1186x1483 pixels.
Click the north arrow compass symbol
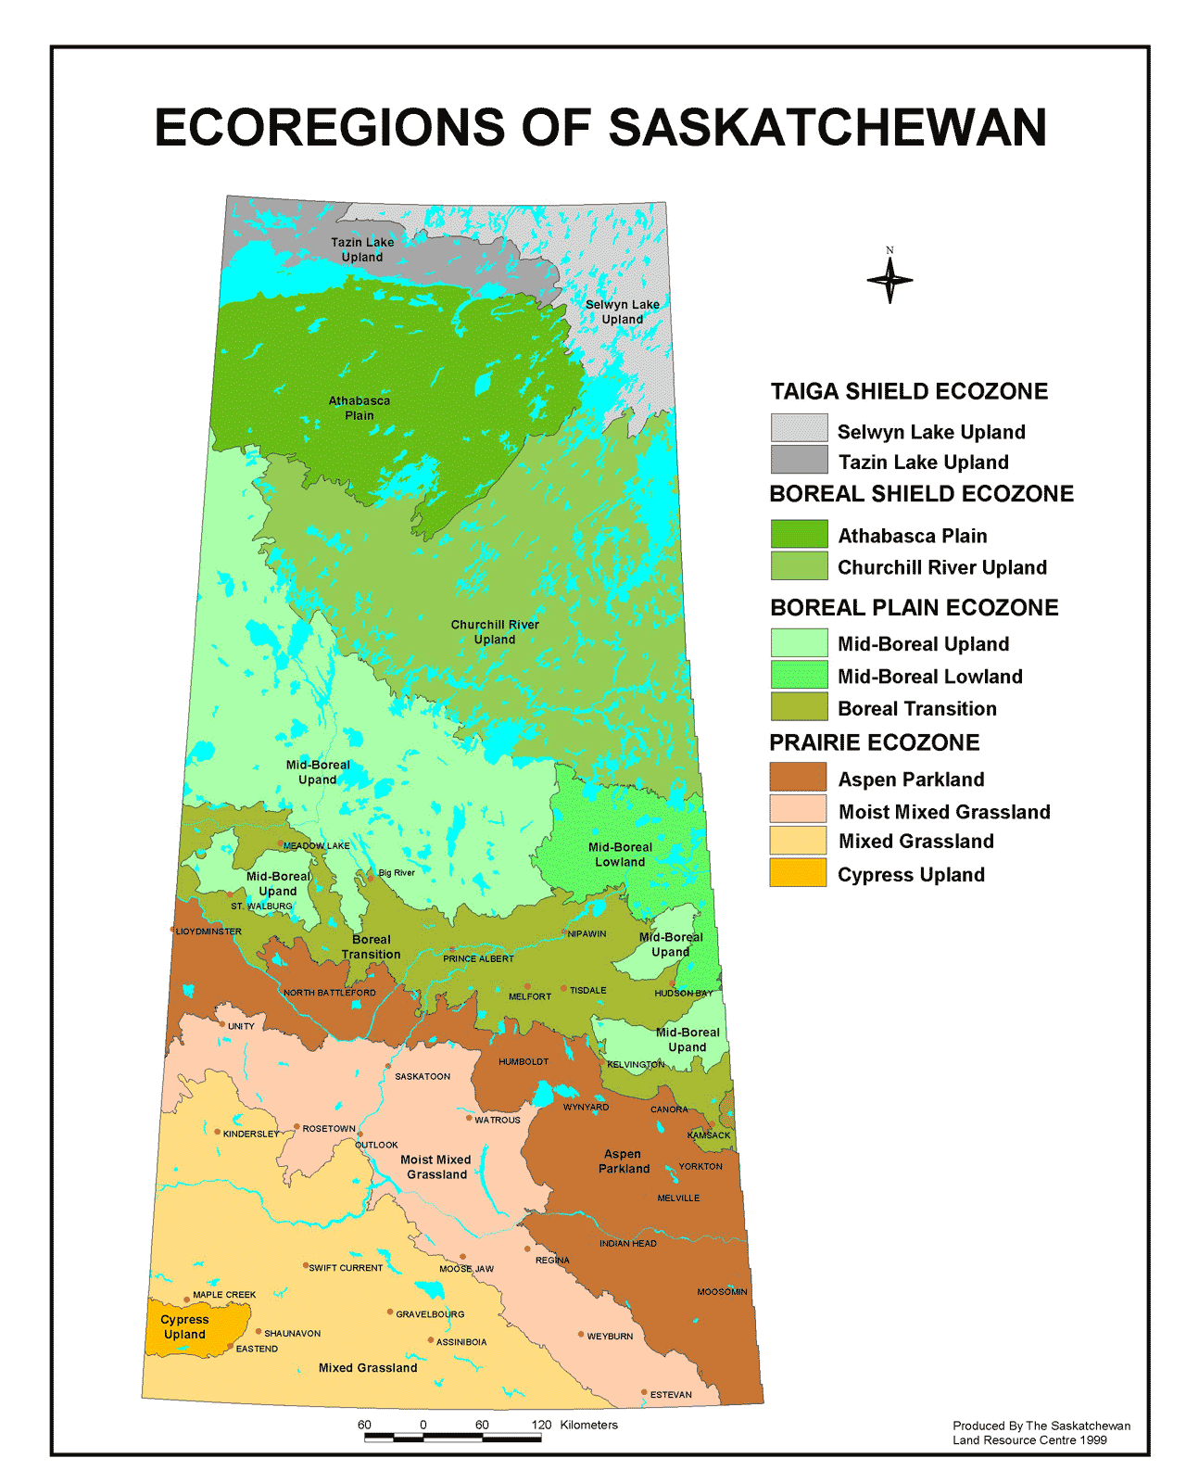[889, 279]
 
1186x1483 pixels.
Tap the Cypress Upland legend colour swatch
[798, 872]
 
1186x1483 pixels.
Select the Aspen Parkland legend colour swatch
[798, 777]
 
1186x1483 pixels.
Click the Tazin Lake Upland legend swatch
[799, 459]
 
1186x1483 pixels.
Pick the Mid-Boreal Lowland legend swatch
[799, 674]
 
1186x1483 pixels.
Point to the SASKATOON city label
[423, 1076]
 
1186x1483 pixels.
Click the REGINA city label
[552, 1260]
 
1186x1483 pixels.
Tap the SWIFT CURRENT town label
[346, 1267]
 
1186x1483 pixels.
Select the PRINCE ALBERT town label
[478, 958]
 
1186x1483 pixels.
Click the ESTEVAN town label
[671, 1394]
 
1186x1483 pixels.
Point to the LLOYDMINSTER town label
[209, 931]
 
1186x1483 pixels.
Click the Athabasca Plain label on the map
[360, 408]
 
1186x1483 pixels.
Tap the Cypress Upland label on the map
[184, 1326]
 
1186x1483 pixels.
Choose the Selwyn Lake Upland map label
[623, 311]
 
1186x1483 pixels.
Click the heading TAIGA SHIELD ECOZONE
[909, 391]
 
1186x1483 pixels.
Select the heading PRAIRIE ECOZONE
[874, 742]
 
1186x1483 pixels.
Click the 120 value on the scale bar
[542, 1425]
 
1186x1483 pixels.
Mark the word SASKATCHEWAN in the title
[827, 128]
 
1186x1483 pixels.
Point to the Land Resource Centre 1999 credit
[1029, 1439]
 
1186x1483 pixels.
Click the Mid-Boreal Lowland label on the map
[620, 854]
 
